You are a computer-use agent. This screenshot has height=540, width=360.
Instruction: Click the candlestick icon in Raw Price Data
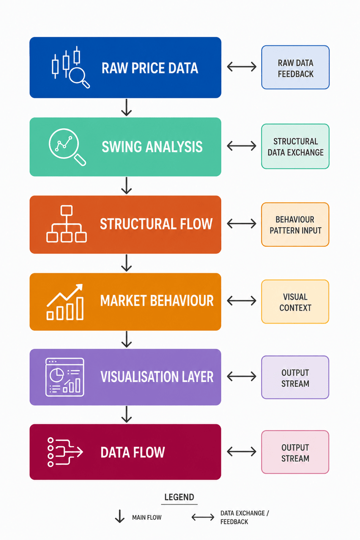[71, 67]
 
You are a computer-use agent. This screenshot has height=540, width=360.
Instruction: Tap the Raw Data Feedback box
[295, 68]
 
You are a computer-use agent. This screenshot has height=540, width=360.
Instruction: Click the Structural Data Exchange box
[295, 146]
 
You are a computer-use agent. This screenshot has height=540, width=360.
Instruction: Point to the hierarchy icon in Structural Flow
[67, 224]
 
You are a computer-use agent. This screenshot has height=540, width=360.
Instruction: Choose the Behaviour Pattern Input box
[295, 225]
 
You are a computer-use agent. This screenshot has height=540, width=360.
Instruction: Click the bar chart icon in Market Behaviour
[65, 302]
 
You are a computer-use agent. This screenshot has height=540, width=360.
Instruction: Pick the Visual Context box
[295, 302]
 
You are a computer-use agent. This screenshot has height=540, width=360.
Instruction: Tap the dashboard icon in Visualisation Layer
[65, 377]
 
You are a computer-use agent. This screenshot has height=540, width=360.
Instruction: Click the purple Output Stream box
[295, 378]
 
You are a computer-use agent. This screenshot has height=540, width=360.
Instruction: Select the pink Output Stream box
[295, 452]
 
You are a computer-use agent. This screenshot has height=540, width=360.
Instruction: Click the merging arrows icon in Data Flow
[65, 452]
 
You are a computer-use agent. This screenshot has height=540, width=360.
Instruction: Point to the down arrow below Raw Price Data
[126, 108]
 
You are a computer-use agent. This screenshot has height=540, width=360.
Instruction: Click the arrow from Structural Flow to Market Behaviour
[126, 263]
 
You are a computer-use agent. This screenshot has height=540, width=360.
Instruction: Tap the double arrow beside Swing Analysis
[241, 146]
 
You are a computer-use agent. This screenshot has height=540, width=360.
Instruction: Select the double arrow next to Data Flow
[241, 451]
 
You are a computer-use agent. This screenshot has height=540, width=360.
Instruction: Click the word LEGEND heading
[179, 497]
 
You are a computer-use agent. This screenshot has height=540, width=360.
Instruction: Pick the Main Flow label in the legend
[147, 517]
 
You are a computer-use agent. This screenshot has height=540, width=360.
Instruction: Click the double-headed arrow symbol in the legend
[203, 517]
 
